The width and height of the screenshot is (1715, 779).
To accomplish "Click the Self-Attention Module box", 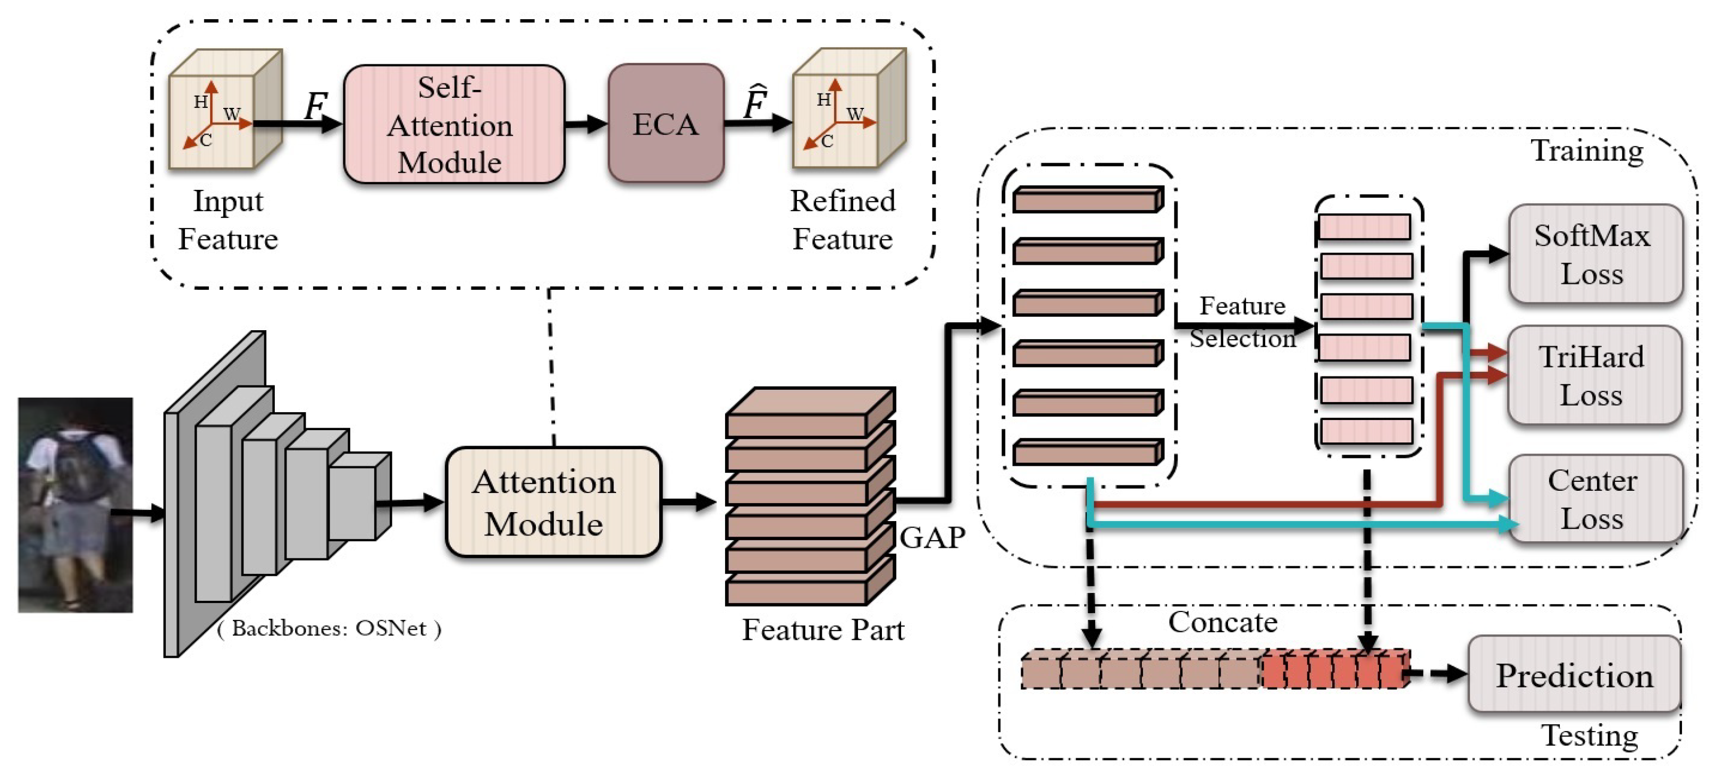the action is [454, 124].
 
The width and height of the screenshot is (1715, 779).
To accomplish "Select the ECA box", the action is [666, 123].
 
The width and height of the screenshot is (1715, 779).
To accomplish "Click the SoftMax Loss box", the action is [1596, 254].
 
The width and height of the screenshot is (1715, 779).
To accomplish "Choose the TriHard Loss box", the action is [1594, 375].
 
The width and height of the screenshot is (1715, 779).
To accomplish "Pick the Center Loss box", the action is [1596, 499].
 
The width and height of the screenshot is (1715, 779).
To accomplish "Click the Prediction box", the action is [1575, 674].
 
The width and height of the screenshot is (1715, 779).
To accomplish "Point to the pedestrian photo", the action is [75, 505].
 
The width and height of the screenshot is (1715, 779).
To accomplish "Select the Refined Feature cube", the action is [849, 108].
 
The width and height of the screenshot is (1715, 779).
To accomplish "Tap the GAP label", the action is [932, 537].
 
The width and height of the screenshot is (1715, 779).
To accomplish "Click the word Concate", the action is [1223, 622].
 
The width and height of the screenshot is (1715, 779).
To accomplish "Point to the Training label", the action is [1587, 150].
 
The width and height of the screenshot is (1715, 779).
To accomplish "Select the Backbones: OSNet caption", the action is [329, 628].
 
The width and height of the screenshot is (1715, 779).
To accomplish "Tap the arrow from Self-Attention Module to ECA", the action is [586, 124].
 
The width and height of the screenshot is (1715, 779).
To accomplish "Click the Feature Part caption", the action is [823, 629].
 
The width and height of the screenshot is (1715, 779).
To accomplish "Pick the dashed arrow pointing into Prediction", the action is [1438, 674].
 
